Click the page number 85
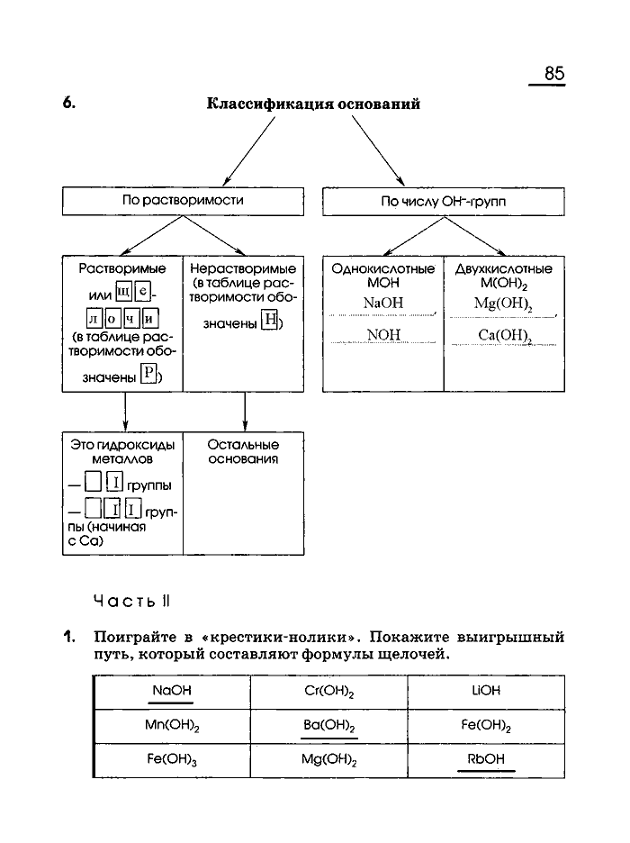click(x=553, y=74)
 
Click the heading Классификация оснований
click(x=314, y=104)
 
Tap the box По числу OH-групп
click(x=443, y=202)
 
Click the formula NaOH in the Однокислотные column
click(x=382, y=304)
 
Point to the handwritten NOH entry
click(x=382, y=335)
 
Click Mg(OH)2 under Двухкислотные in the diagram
click(x=503, y=304)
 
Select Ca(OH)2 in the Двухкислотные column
click(x=503, y=335)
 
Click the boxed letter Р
click(x=149, y=376)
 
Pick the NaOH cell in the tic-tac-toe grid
click(x=172, y=691)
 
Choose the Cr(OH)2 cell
click(x=329, y=691)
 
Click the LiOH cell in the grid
click(x=486, y=691)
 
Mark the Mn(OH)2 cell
click(x=172, y=726)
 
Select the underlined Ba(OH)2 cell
click(x=329, y=726)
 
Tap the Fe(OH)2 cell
click(x=486, y=726)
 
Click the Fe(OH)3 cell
click(x=172, y=760)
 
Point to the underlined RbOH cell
click(x=486, y=760)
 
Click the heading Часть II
click(x=125, y=600)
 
